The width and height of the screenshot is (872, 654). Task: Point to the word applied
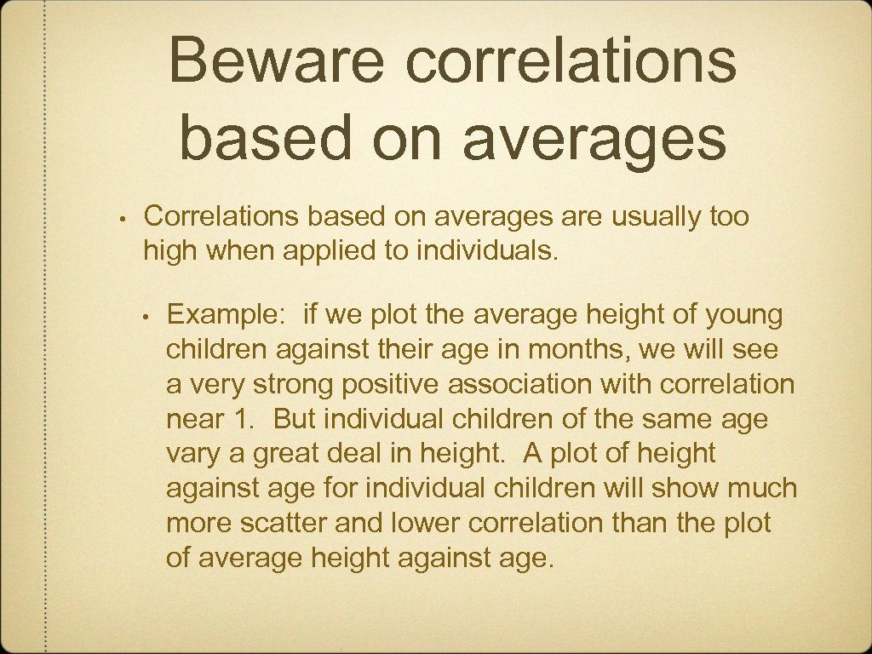336,251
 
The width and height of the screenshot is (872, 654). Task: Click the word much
764,489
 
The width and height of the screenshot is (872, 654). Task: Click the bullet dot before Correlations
123,218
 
